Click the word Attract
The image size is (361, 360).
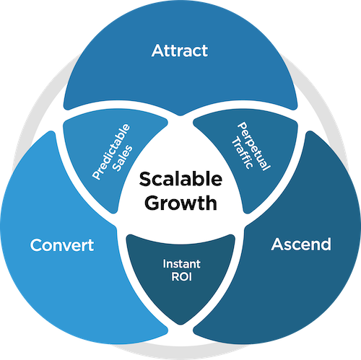point(180,51)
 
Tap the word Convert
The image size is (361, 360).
point(62,245)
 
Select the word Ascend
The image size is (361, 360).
point(301,245)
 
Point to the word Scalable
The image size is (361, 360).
point(180,179)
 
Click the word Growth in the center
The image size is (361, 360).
point(180,203)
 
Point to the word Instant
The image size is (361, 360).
point(180,263)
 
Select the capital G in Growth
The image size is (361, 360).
point(149,203)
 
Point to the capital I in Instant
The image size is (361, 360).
point(164,263)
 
